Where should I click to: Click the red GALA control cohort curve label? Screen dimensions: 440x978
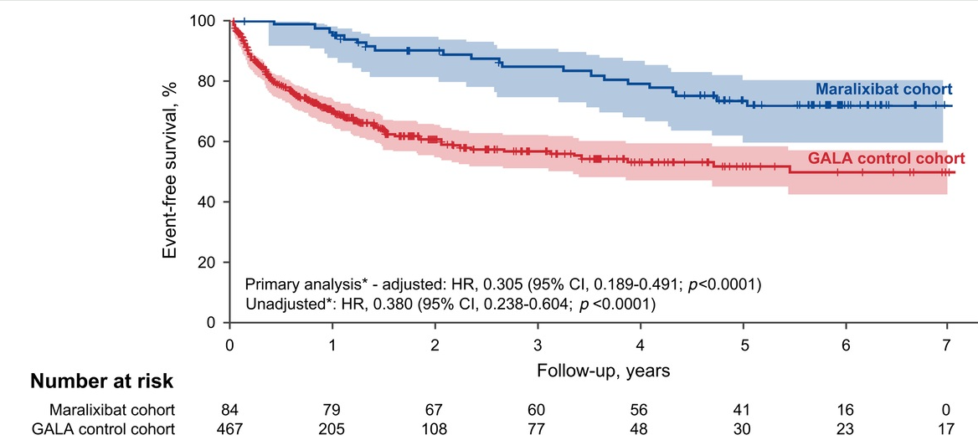[886, 157]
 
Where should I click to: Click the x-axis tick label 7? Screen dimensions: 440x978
[947, 345]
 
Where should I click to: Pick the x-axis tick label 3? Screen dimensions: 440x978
[537, 345]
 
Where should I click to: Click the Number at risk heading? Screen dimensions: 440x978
[102, 382]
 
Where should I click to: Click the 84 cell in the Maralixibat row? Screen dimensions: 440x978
[231, 411]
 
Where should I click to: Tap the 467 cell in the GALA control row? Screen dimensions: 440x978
[231, 429]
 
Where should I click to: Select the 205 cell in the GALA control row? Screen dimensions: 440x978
[333, 429]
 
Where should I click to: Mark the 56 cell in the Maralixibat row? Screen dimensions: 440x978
[640, 411]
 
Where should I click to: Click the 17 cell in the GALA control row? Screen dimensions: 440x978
[947, 429]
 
